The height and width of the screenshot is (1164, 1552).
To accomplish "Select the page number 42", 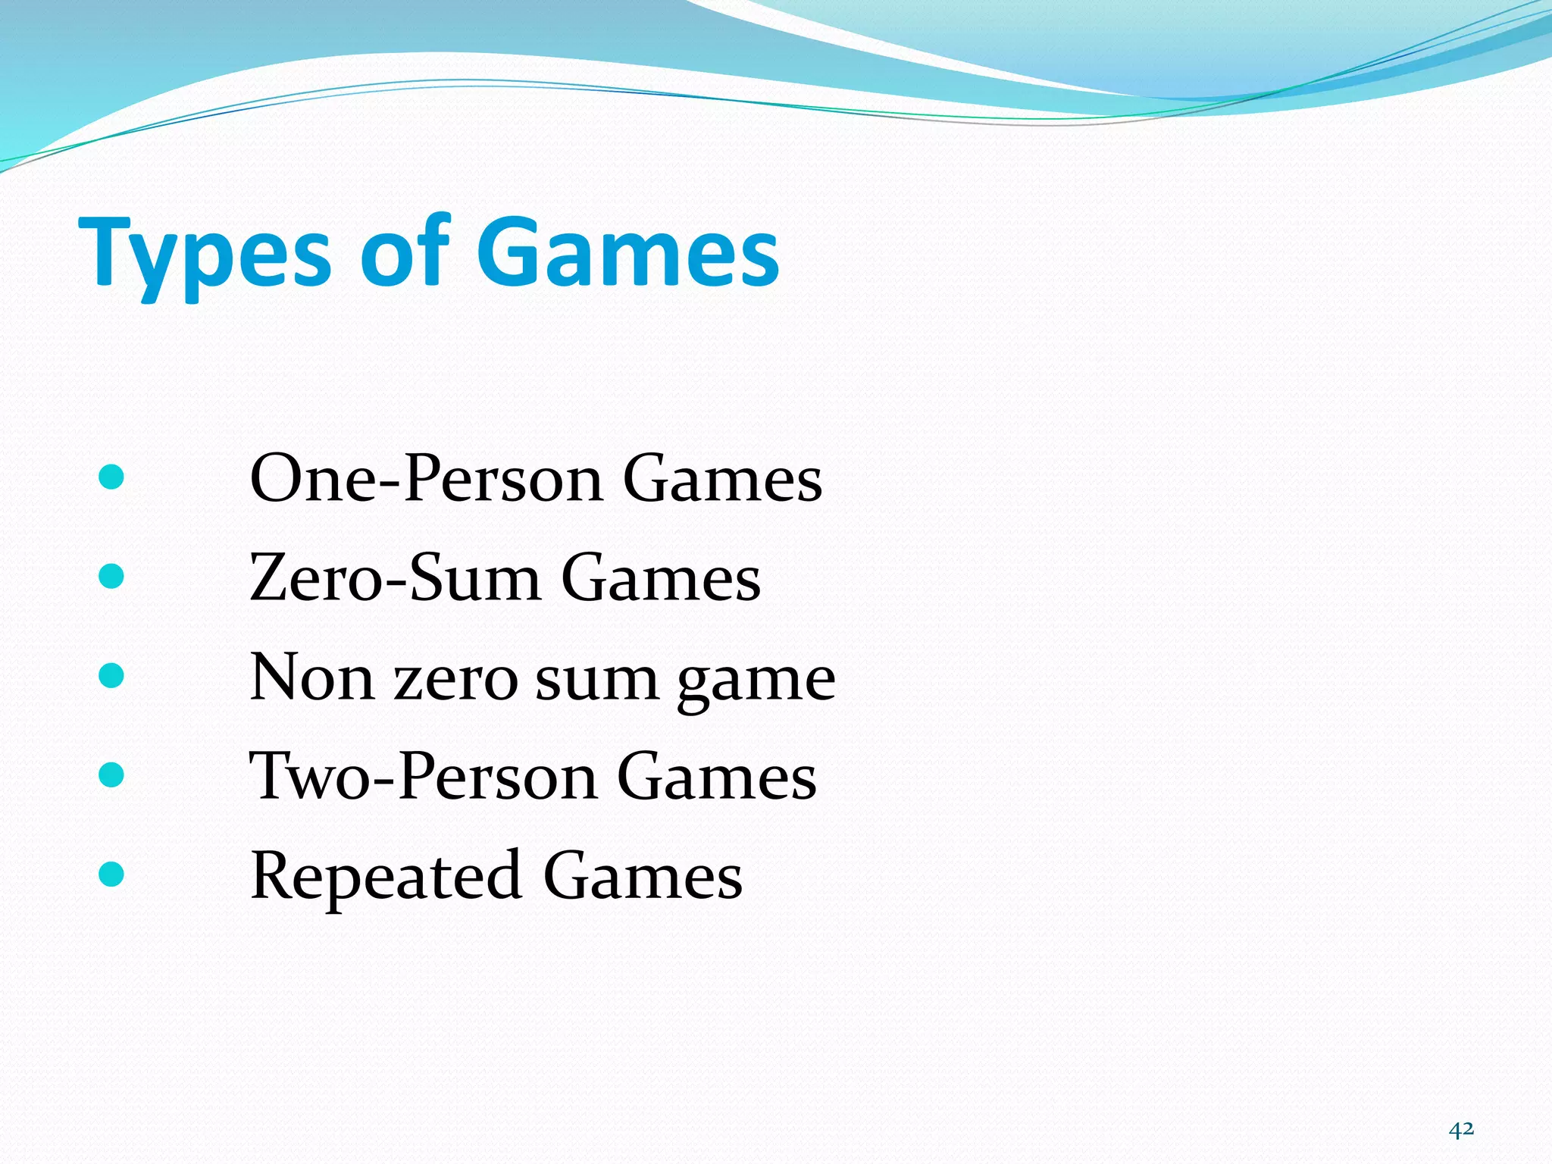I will tap(1461, 1129).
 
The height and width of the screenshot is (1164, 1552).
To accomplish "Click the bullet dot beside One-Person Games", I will tap(111, 477).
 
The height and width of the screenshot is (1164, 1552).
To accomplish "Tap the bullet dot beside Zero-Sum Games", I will tap(111, 577).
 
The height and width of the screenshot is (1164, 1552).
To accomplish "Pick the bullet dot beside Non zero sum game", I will tap(111, 676).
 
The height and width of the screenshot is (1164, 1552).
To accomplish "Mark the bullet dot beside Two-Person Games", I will tap(111, 774).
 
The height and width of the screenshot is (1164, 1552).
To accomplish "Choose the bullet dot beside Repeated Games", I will tap(111, 874).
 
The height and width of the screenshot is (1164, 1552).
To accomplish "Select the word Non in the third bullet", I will tap(311, 677).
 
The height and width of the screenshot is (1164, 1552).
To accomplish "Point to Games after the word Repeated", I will tap(643, 876).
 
